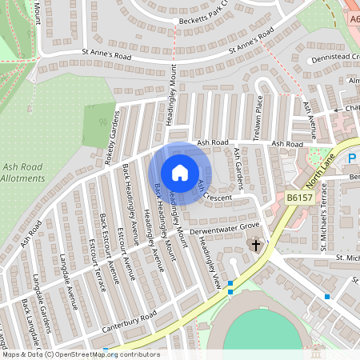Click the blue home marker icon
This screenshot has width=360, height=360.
point(180,172)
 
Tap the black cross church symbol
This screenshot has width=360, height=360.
point(256,245)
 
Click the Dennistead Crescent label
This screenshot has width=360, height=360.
point(332,57)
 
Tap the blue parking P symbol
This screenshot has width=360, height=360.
point(352,159)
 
